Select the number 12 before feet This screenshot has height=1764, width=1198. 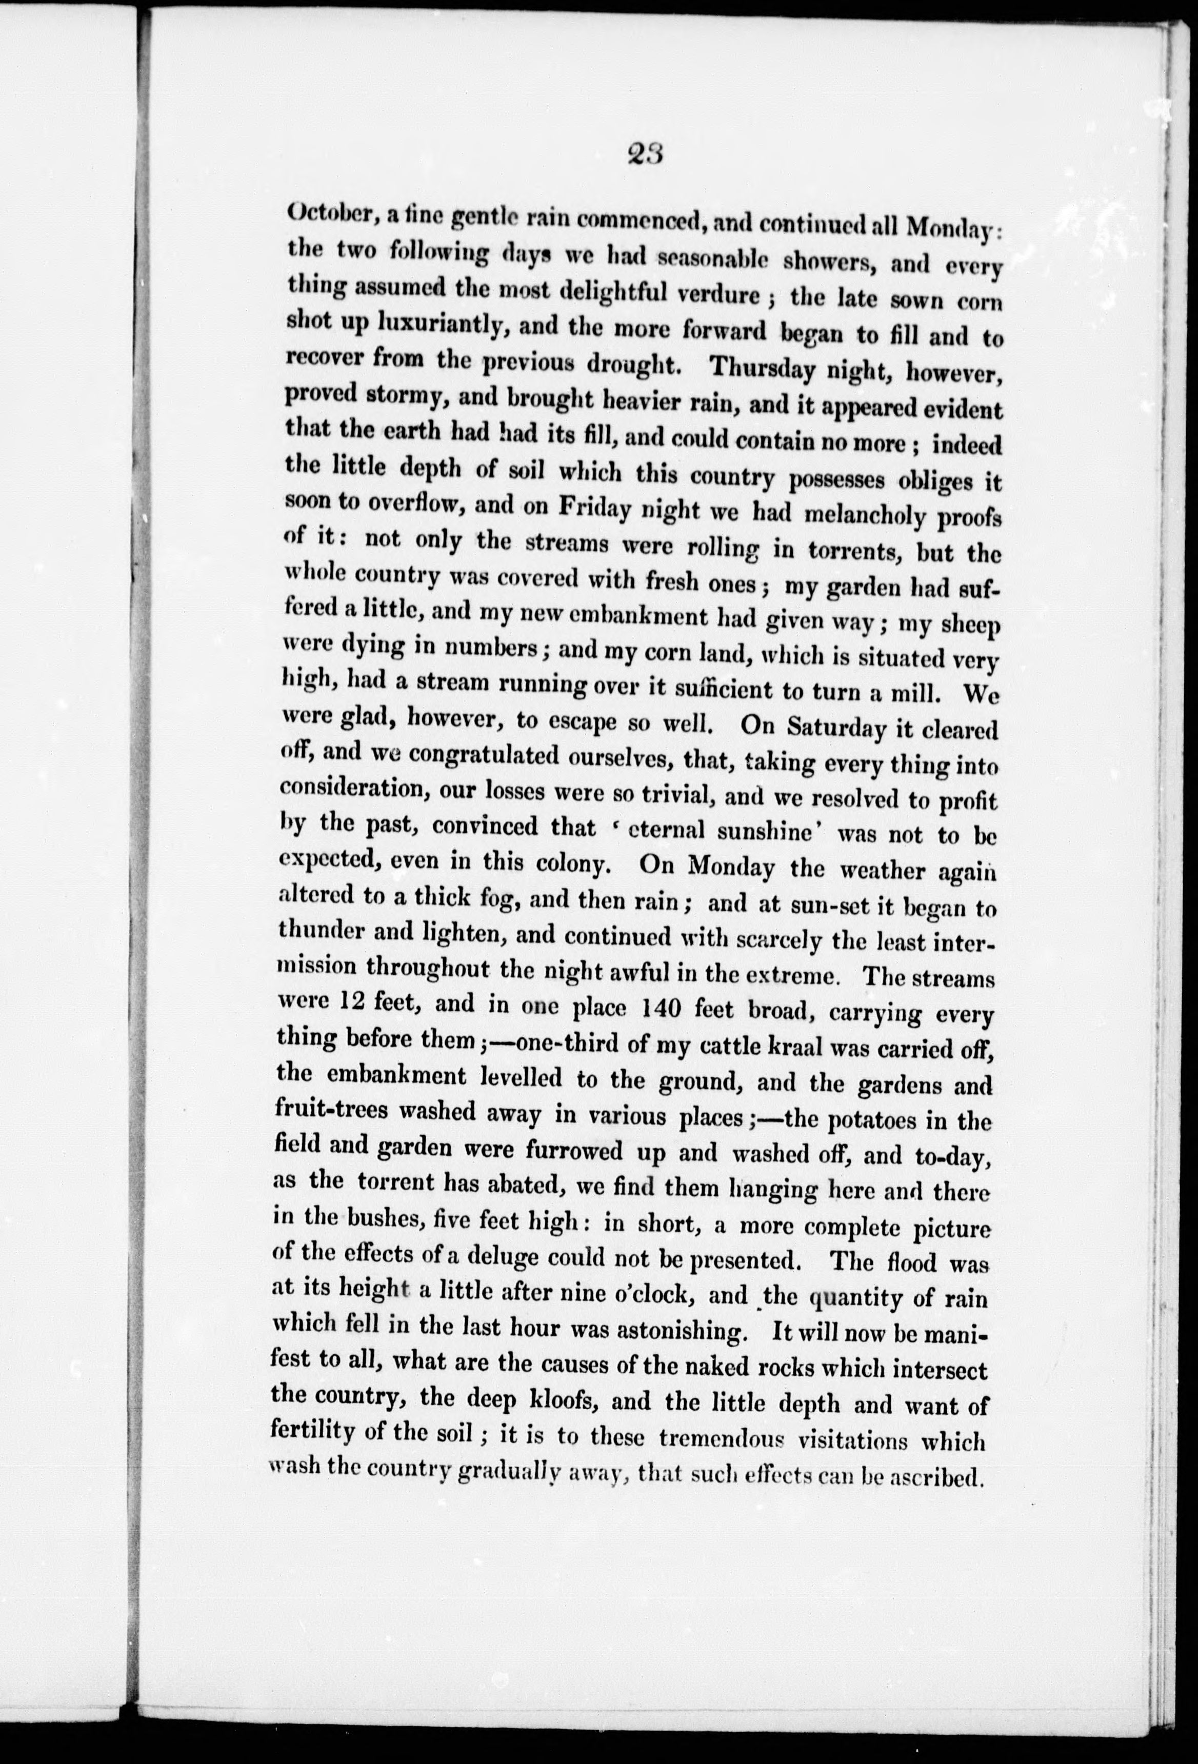(355, 1002)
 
